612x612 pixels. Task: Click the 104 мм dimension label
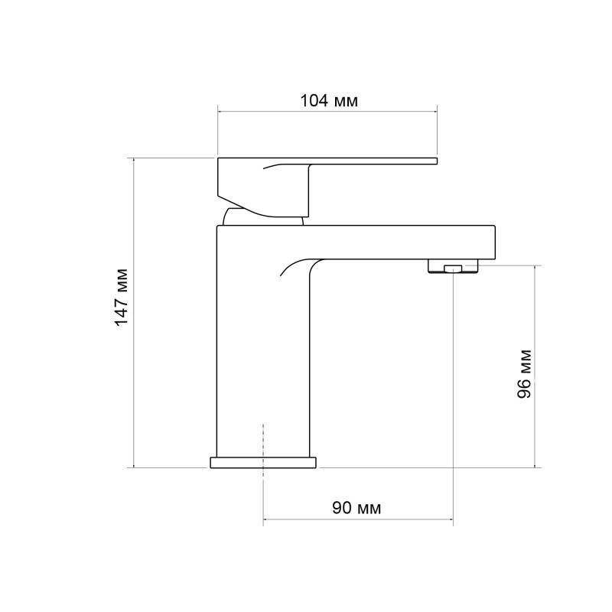[329, 101]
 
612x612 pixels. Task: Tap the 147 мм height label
[122, 297]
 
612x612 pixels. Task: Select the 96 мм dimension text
[524, 374]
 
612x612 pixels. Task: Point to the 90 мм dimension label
[356, 508]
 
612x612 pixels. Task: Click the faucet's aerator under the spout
[453, 265]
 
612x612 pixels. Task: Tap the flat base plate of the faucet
[263, 463]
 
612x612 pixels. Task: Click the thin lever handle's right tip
[437, 161]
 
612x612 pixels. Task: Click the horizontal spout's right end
[494, 242]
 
